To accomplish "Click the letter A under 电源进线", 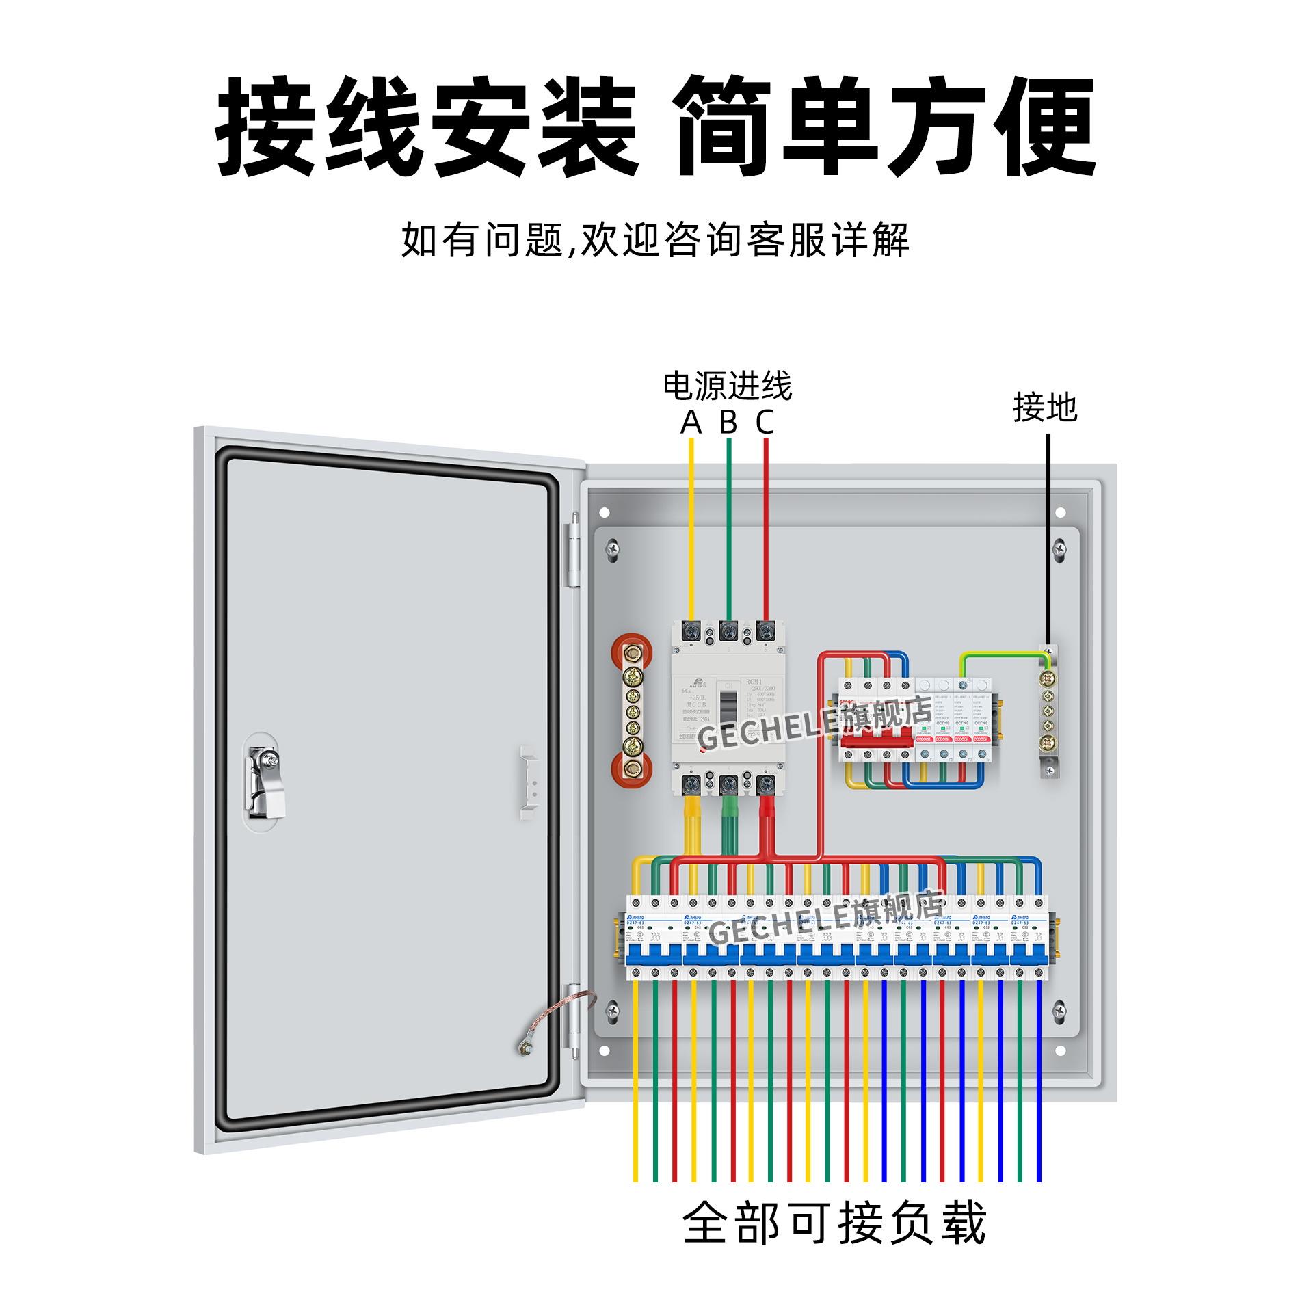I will pyautogui.click(x=691, y=423).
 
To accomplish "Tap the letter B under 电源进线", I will pyautogui.click(x=728, y=423).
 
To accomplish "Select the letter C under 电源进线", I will pyautogui.click(x=765, y=423).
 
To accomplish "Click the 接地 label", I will pyautogui.click(x=1045, y=408).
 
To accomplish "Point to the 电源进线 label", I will pyautogui.click(x=727, y=386).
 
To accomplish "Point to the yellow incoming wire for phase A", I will pyautogui.click(x=691, y=527).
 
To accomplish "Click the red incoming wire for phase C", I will pyautogui.click(x=765, y=527).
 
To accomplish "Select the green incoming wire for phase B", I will pyautogui.click(x=728, y=527).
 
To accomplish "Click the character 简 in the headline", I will pyautogui.click(x=726, y=127).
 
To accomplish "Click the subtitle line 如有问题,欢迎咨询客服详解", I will pyautogui.click(x=655, y=240).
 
